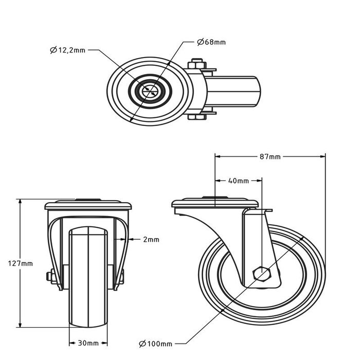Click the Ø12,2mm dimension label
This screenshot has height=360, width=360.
click(68, 50)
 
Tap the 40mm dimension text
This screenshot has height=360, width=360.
click(238, 181)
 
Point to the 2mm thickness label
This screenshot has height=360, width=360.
click(151, 240)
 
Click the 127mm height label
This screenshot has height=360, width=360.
click(21, 263)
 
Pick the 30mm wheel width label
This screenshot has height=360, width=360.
click(89, 343)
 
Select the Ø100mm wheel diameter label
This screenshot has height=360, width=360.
click(156, 343)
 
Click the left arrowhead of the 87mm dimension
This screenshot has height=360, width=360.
click(217, 156)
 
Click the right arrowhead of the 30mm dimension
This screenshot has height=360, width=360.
click(107, 343)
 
